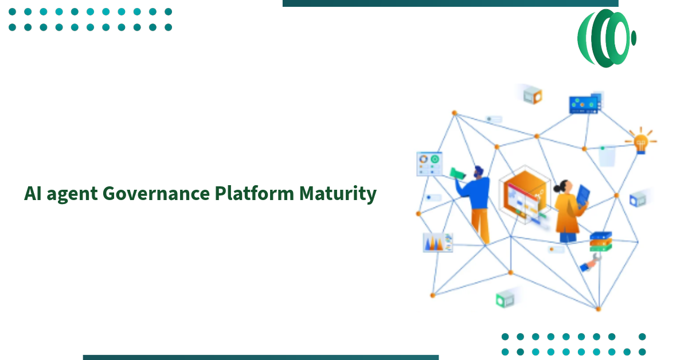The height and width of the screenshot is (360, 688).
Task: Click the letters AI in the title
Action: click(32, 194)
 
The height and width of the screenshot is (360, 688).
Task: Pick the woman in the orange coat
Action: click(566, 209)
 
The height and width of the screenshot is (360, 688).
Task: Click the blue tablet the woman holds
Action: click(583, 198)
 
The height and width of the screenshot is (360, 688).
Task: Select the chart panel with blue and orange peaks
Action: click(437, 242)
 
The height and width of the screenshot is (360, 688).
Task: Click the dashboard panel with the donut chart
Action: click(429, 163)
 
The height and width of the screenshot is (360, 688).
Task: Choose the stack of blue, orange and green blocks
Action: click(601, 241)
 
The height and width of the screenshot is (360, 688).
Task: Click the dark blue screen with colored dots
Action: click(584, 104)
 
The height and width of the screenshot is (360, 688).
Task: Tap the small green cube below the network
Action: click(505, 299)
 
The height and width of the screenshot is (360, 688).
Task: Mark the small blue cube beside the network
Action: click(638, 200)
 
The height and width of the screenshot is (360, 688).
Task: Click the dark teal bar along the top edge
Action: click(450, 3)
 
